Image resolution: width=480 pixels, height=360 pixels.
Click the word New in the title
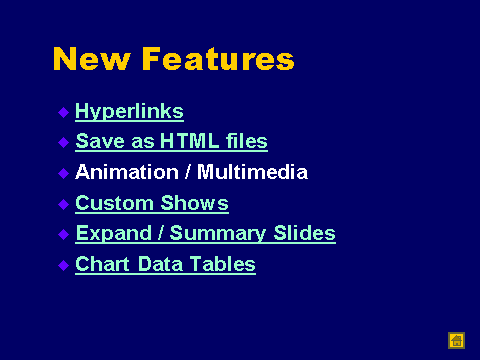(91, 59)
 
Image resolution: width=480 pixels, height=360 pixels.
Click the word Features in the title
(218, 59)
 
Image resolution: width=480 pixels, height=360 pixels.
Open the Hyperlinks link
(129, 111)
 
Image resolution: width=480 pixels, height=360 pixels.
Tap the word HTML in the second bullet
(189, 141)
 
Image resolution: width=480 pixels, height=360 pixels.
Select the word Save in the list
(100, 141)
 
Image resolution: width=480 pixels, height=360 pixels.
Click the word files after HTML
(247, 141)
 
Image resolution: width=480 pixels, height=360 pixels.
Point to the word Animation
(127, 172)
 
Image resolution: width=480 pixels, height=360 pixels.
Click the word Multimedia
(252, 172)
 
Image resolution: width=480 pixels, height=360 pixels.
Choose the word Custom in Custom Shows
(114, 203)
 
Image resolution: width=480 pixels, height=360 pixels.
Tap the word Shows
(195, 203)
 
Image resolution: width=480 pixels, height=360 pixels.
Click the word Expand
(114, 233)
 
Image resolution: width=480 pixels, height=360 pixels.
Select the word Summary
(218, 233)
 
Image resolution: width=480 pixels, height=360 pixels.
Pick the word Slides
(304, 233)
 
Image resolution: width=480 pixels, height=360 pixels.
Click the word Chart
(102, 264)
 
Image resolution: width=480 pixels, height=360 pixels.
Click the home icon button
(456, 341)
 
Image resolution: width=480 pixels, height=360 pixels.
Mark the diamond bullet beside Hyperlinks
(63, 112)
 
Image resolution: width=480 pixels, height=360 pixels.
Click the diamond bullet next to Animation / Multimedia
(63, 173)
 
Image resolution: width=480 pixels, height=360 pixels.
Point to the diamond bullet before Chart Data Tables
(63, 265)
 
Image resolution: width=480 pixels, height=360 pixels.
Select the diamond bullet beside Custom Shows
(63, 204)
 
